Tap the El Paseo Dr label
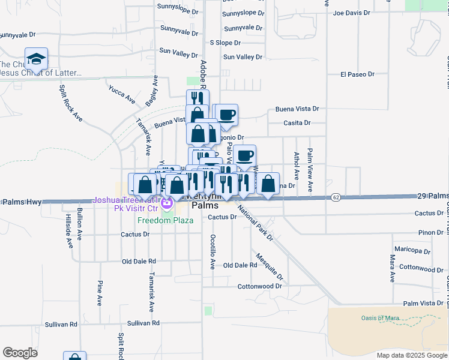point(357,74)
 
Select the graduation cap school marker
point(36,59)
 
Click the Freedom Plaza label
point(165,220)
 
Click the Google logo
point(20,352)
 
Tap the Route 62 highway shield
point(335,197)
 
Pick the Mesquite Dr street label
point(268,266)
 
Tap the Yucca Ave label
point(122,94)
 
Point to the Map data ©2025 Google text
point(411,355)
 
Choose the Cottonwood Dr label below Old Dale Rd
point(259,286)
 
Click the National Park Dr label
point(255,222)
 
